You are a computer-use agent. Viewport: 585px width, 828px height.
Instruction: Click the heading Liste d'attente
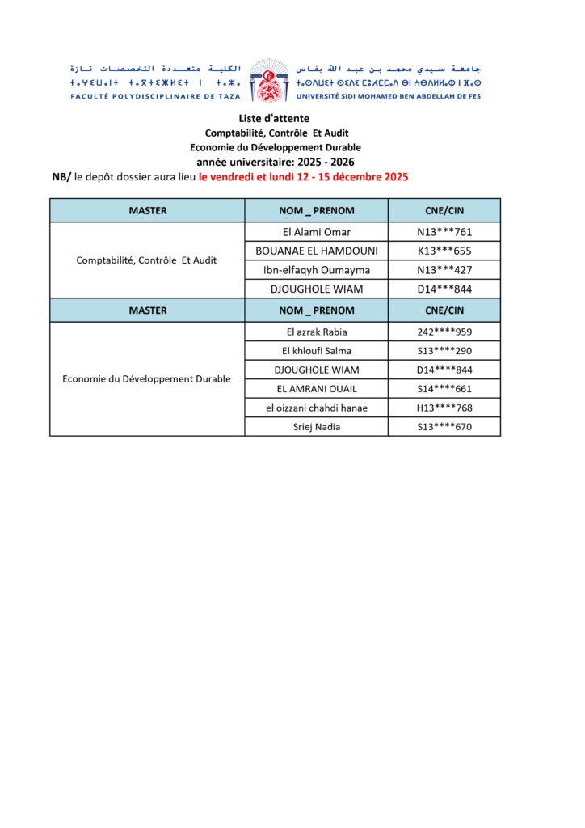(274, 119)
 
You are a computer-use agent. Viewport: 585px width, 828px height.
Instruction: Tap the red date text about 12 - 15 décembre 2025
(303, 176)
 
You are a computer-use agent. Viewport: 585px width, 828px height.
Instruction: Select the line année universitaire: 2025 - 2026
(275, 162)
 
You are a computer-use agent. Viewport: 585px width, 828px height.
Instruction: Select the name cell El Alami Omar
(316, 232)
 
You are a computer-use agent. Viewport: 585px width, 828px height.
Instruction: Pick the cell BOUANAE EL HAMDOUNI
(316, 251)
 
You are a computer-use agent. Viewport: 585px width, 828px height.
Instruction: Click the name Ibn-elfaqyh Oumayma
(316, 270)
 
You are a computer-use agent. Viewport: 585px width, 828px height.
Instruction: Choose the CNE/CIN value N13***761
(444, 232)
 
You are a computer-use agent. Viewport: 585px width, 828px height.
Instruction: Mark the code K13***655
(444, 251)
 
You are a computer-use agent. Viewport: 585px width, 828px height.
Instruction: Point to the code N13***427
(444, 270)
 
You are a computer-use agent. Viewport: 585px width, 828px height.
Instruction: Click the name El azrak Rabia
(316, 332)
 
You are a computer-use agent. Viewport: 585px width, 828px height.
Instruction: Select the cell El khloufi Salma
(316, 351)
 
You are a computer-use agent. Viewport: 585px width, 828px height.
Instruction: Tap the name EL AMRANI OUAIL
(316, 389)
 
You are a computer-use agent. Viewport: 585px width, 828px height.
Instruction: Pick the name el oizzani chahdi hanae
(316, 408)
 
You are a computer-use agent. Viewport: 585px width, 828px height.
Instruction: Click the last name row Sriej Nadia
(316, 427)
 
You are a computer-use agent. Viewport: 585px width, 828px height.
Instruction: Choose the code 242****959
(444, 332)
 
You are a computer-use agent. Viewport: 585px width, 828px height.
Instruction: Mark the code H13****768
(444, 408)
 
